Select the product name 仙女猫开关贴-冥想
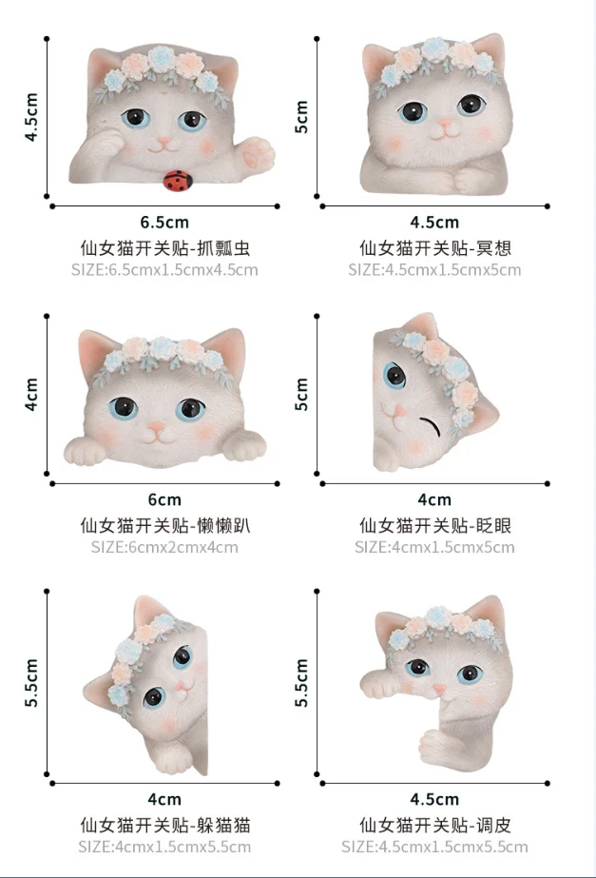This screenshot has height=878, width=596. click(434, 247)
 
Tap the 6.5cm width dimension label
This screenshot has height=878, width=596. click(164, 223)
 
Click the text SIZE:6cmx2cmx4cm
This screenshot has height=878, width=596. click(164, 547)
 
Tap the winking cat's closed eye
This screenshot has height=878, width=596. click(434, 424)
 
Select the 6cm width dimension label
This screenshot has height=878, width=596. click(164, 499)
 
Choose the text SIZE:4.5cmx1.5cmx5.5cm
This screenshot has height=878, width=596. click(434, 847)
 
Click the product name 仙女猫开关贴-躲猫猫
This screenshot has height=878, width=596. click(164, 824)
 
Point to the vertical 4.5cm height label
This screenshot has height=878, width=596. click(31, 117)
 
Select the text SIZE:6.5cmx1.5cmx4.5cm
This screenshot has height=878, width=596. click(164, 270)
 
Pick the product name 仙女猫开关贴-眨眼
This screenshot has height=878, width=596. click(434, 524)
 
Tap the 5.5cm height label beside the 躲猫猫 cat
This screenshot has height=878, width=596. click(31, 683)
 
